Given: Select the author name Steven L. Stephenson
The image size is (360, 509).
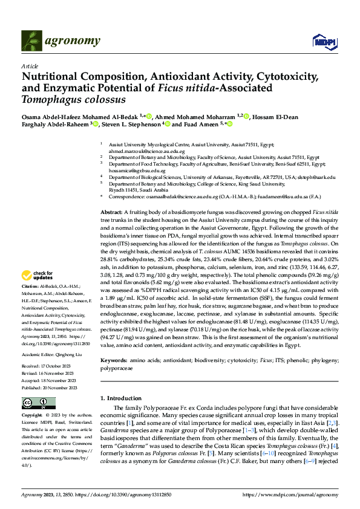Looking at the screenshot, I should [x=127, y=124].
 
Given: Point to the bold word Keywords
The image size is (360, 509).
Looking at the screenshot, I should [x=114, y=360].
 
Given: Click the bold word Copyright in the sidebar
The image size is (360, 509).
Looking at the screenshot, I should [x=32, y=416].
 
